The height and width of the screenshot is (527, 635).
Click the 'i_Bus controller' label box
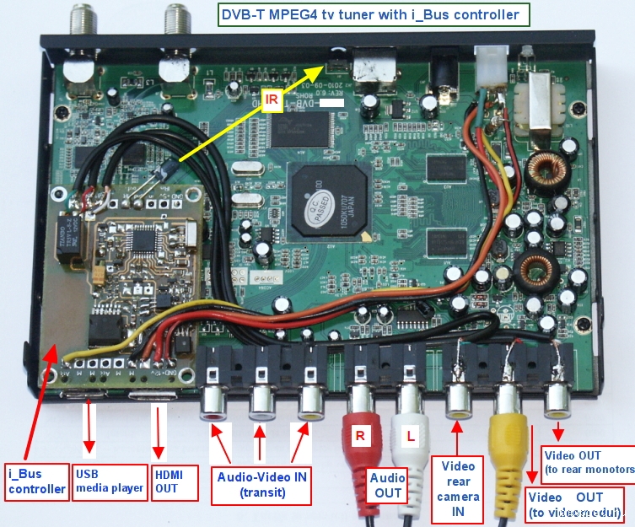pyautogui.click(x=36, y=481)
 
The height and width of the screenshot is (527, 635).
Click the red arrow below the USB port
pyautogui.click(x=88, y=430)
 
